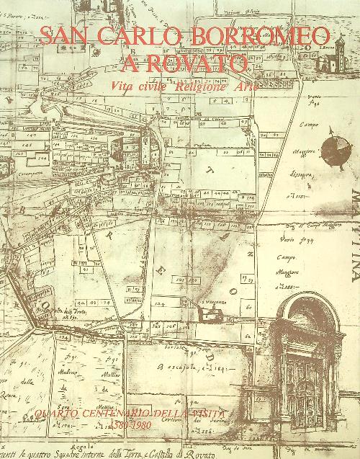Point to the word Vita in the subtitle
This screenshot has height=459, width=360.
coord(124,86)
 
